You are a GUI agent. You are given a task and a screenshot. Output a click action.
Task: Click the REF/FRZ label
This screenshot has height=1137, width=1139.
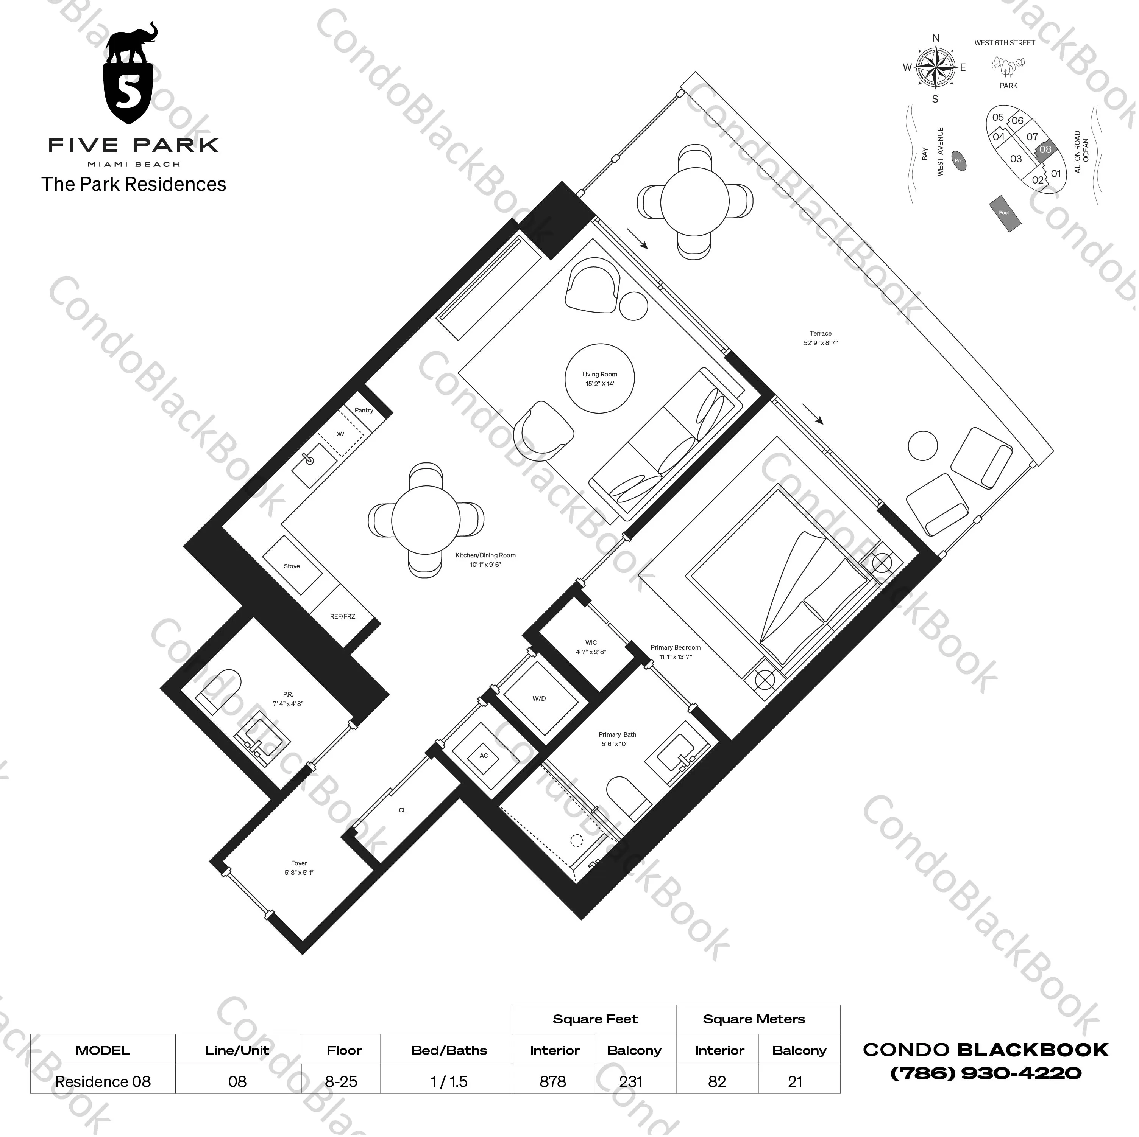[343, 617]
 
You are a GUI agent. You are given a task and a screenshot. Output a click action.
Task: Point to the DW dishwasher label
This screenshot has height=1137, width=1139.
[339, 435]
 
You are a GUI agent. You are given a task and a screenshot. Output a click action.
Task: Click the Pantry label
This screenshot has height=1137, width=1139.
[364, 411]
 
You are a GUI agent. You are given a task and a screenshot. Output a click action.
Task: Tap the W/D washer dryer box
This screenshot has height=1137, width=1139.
[539, 699]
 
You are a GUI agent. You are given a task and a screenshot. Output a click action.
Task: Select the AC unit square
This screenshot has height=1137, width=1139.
[484, 756]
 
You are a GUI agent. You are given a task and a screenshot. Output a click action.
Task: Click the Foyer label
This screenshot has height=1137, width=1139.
[299, 868]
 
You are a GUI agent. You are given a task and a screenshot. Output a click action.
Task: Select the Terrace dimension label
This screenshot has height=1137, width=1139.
[820, 338]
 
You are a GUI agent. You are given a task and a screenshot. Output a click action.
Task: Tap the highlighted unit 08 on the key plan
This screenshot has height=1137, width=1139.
[1045, 149]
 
